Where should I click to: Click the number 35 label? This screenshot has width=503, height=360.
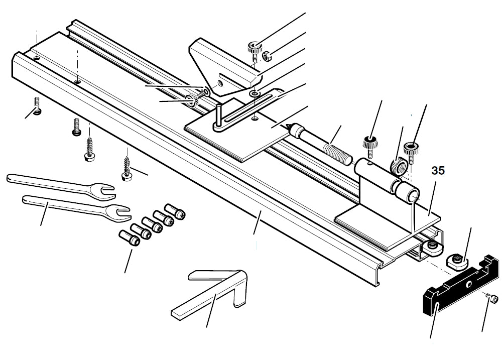(438, 171)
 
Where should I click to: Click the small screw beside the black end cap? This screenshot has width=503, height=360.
(494, 300)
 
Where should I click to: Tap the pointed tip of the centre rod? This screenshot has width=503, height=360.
(290, 126)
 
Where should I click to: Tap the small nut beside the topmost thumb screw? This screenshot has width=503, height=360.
(268, 55)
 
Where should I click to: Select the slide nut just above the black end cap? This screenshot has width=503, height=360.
(455, 260)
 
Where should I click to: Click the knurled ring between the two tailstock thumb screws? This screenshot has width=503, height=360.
(398, 167)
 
